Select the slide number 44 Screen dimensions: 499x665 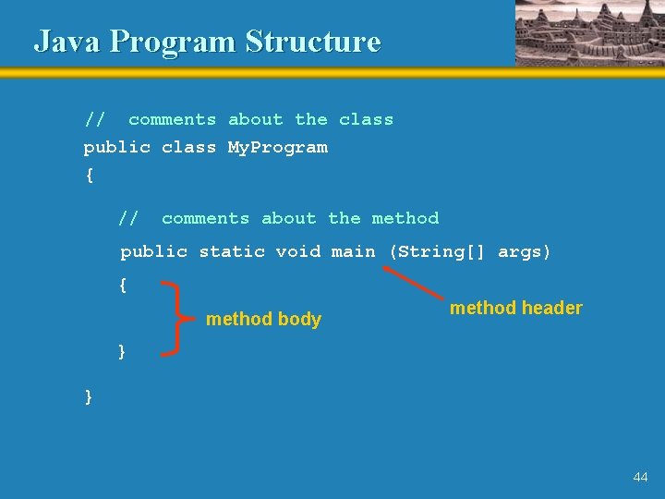tap(640, 477)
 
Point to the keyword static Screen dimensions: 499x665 tap(232, 251)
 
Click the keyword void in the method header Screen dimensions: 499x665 tap(297, 251)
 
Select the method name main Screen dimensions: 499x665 tap(354, 251)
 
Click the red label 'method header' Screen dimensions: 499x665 tap(516, 308)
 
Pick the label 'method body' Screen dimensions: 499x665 tap(263, 320)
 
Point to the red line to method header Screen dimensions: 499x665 tap(413, 284)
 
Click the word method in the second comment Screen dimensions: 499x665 tap(405, 218)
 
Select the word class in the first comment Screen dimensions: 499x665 tap(366, 119)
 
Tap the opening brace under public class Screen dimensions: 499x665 tap(89, 176)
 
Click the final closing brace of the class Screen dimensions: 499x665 tap(89, 396)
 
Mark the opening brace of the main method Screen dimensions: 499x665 tap(123, 286)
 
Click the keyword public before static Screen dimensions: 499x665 tap(153, 251)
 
